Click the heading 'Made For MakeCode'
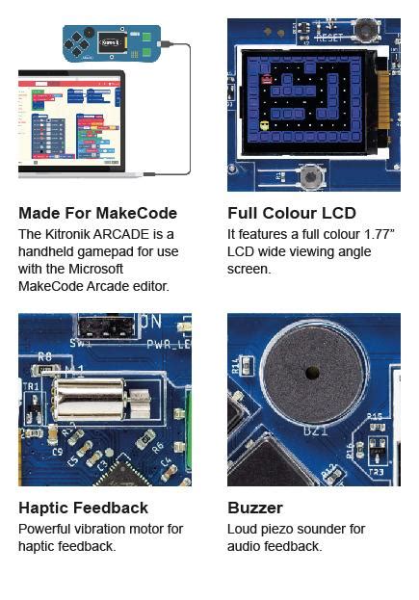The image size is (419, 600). coord(97,213)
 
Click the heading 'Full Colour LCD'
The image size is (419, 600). coord(291,213)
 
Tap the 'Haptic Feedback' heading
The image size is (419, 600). coord(83,508)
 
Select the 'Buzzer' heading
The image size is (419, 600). coord(255,508)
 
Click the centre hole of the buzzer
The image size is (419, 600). coord(311,373)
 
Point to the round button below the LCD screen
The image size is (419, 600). coord(311,176)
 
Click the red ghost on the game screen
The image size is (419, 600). coord(266,81)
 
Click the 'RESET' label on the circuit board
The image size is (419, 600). coord(328,39)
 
